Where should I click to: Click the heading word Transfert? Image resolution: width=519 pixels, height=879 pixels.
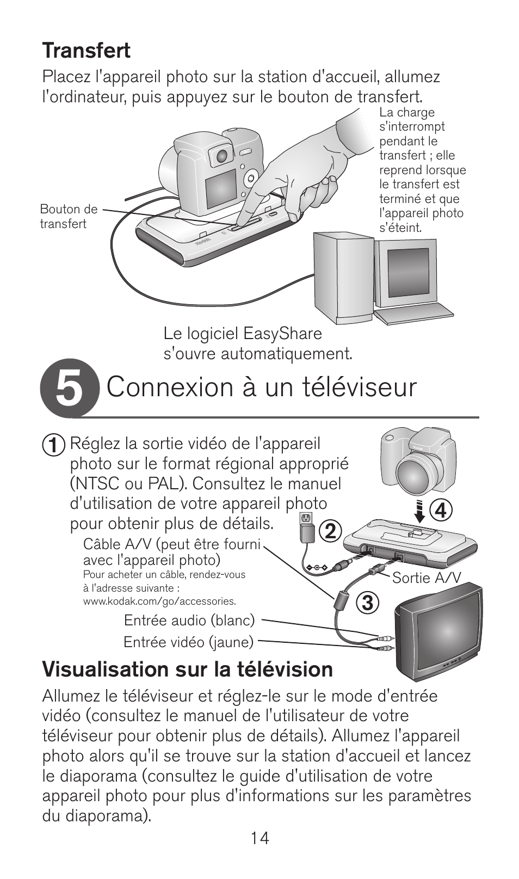pos(86,51)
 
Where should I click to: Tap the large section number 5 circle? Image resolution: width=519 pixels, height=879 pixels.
pos(70,388)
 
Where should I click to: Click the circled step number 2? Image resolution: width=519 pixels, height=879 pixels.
pos(330,532)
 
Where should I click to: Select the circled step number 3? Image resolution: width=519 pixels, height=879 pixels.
pos(367,603)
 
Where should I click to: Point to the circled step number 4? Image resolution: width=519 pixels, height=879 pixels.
pos(441,511)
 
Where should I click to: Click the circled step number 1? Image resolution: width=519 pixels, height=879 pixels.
pos(54,445)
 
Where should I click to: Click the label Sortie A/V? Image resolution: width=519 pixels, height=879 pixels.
pos(427,577)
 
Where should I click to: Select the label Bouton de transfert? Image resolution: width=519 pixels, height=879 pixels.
pos(69,216)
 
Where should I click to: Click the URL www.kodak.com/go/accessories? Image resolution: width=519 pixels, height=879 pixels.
pos(159,601)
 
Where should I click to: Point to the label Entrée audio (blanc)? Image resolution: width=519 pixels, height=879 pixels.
pos(189,620)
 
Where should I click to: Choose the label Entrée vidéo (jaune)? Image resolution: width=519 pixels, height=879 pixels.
pos(189,642)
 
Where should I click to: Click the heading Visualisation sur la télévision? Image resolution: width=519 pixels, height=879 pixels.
pos(188,669)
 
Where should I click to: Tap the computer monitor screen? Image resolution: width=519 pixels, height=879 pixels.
pos(409,273)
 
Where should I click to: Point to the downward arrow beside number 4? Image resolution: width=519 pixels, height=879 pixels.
pos(420,511)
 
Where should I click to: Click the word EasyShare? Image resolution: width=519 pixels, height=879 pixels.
pos(282,334)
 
